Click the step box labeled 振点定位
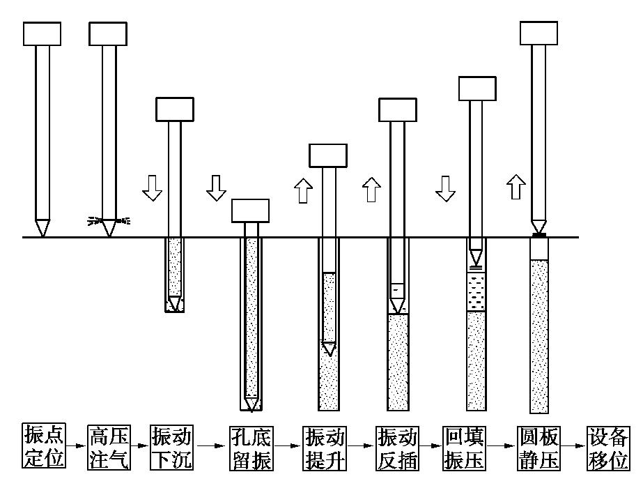[x=44, y=448]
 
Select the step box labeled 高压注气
[x=109, y=448]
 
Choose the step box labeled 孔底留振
[x=251, y=448]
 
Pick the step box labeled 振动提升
[x=325, y=448]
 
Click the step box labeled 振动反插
[x=396, y=448]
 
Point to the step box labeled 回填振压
[x=464, y=448]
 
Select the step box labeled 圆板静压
[x=539, y=448]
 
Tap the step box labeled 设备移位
[x=608, y=448]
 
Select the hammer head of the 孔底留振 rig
[x=250, y=211]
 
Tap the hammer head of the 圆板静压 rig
[x=539, y=33]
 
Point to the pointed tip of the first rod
[x=42, y=228]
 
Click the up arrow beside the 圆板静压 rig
[x=515, y=187]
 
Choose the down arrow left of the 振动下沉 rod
[x=151, y=188]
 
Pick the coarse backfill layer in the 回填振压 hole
[x=476, y=291]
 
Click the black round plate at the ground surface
[x=539, y=236]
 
